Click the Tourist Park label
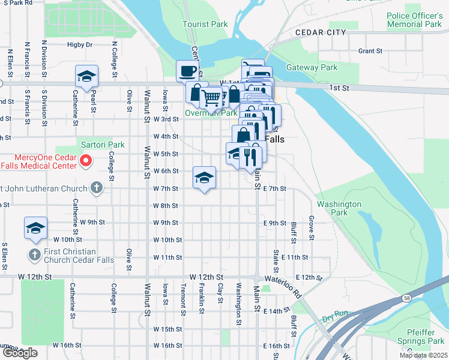coord(205,24)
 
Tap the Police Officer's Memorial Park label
coord(414,20)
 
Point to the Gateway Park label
coord(312,68)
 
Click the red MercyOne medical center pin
coord(86,160)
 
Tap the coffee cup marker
coord(187,71)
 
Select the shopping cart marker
coord(211,97)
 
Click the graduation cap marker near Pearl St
coord(87,76)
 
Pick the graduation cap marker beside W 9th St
coord(36,228)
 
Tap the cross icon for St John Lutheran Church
coord(96,188)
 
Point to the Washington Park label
coord(339,208)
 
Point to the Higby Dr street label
coord(80,44)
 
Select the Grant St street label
coord(370,51)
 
